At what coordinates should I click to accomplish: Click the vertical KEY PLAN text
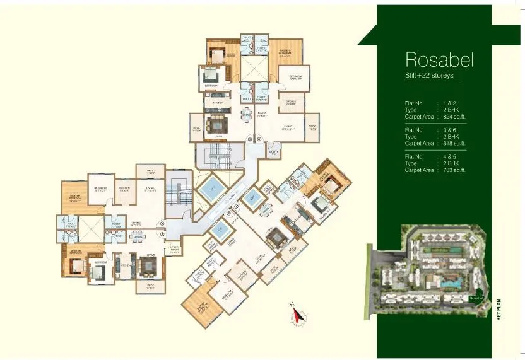click(498, 311)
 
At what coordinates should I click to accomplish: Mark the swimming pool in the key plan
click(451, 284)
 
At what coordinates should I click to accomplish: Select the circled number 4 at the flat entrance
click(162, 223)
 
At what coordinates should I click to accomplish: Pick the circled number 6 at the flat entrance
click(259, 139)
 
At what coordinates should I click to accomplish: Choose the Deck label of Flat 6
click(312, 127)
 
